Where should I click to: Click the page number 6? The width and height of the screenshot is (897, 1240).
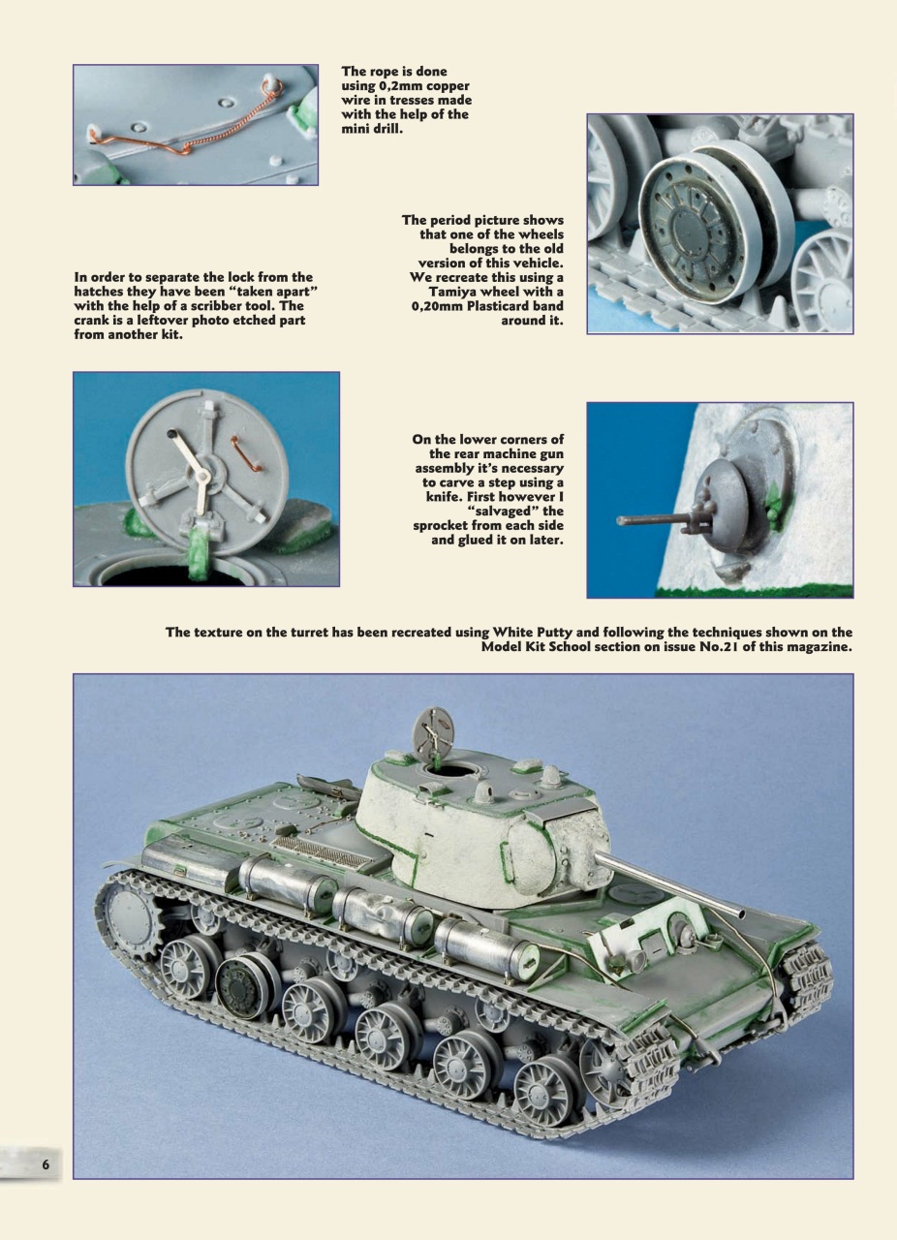(x=45, y=1163)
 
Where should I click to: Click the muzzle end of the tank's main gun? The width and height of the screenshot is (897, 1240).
(x=741, y=910)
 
